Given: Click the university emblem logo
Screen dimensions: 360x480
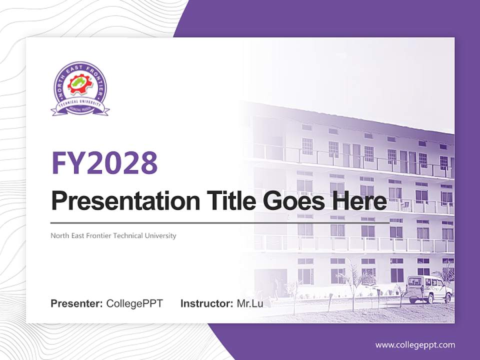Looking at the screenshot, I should click(80, 89).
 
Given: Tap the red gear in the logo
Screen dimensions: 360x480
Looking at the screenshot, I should click(80, 85).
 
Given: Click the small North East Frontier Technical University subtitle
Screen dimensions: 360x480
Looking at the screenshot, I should click(113, 235).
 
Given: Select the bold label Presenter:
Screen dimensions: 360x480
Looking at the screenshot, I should click(76, 303).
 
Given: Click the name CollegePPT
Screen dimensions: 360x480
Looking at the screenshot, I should click(134, 303).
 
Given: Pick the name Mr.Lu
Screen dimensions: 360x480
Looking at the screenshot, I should click(249, 303).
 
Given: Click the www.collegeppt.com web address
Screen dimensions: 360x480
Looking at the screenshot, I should click(415, 344).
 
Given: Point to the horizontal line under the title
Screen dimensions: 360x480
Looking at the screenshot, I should click(220, 223).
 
